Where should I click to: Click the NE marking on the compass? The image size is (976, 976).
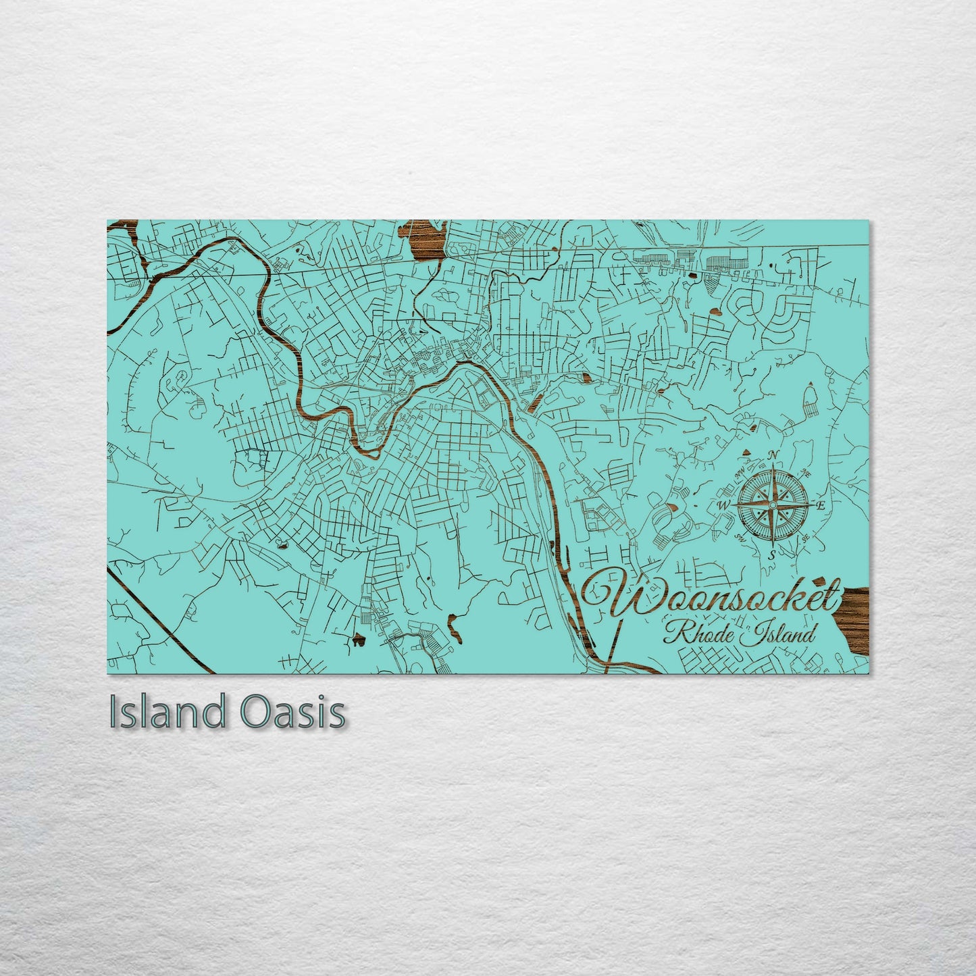click(805, 473)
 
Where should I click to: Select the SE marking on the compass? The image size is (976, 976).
click(806, 537)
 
